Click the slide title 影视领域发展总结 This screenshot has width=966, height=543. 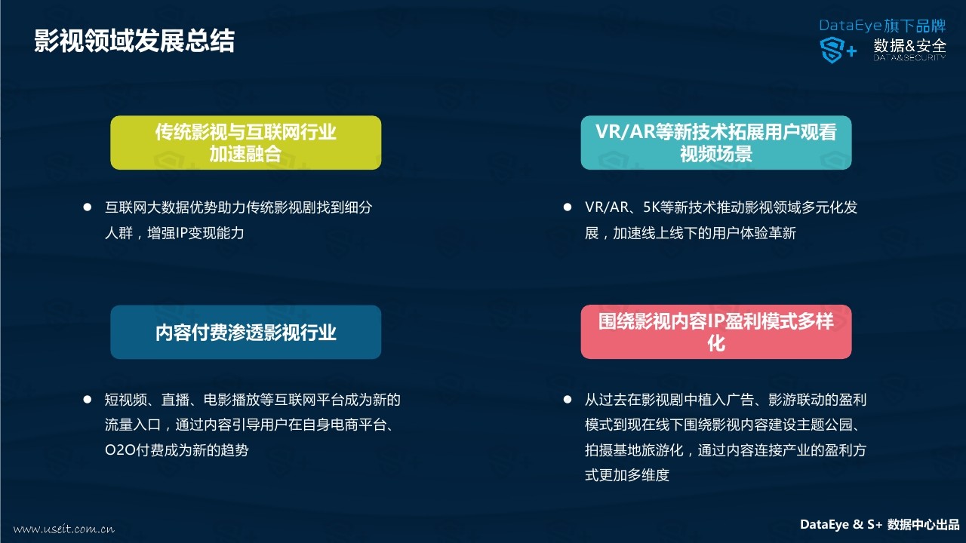(x=134, y=41)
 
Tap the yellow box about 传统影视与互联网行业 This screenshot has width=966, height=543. (x=246, y=143)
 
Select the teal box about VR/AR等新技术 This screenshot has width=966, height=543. (x=716, y=143)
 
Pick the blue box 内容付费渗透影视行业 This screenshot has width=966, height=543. (x=246, y=333)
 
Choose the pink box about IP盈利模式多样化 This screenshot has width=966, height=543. (x=716, y=332)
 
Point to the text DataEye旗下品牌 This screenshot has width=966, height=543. (x=882, y=26)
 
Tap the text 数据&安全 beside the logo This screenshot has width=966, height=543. (x=910, y=46)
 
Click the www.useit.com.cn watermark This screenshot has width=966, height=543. (x=64, y=529)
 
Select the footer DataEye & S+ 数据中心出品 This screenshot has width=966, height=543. (x=879, y=524)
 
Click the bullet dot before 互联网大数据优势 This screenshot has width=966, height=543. (x=87, y=207)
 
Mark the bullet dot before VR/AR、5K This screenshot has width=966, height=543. (x=568, y=207)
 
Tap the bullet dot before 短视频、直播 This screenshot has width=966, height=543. (x=87, y=400)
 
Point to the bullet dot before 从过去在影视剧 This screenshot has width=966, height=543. (x=568, y=400)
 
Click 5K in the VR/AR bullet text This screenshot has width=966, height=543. (x=651, y=207)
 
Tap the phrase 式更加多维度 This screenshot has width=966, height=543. (x=627, y=475)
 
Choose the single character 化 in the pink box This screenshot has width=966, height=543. (x=716, y=344)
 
